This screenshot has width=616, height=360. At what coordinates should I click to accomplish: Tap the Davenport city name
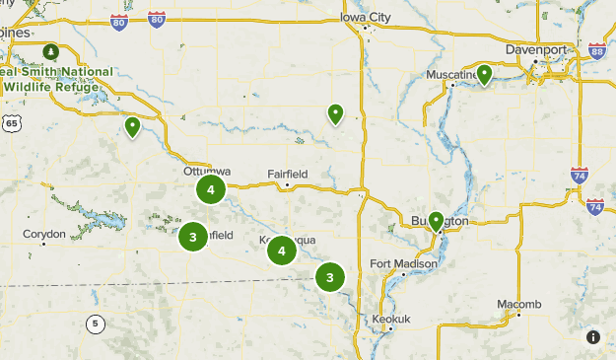coord(536,48)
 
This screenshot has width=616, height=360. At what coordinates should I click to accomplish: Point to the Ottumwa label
coord(207,171)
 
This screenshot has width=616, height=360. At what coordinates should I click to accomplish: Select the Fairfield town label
coord(288,174)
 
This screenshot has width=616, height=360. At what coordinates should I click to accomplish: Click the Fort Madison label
coord(403,263)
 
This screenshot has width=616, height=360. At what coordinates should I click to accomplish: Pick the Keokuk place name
coord(391,319)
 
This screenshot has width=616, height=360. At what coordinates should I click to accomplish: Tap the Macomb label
coord(518,303)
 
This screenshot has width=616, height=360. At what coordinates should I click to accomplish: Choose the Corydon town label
coord(44,234)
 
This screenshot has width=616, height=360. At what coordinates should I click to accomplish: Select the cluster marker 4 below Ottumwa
coord(211,189)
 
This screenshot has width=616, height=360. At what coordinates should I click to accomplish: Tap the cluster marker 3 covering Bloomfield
coord(192,237)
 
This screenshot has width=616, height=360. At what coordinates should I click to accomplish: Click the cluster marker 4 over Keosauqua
coord(282,252)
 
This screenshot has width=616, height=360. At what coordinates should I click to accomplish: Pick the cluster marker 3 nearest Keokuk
coord(329,277)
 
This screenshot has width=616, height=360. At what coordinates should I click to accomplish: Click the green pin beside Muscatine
coord(484,75)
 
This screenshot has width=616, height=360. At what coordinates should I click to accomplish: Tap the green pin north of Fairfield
coord(335,113)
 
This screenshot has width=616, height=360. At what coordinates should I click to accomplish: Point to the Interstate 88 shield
coord(596,51)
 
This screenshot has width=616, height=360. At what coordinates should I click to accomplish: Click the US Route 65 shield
coord(11,122)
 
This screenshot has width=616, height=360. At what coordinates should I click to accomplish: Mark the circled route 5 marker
coord(94,324)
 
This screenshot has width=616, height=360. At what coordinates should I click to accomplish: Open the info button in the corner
coord(593,337)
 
